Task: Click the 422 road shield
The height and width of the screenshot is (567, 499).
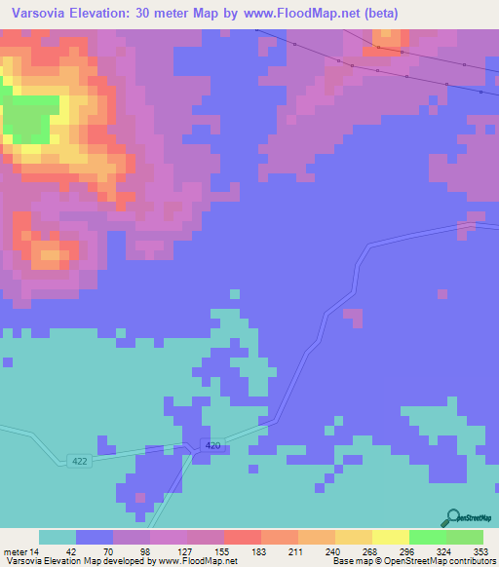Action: (82, 461)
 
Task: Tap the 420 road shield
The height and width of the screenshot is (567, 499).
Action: (213, 446)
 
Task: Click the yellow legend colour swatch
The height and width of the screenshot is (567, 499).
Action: (391, 537)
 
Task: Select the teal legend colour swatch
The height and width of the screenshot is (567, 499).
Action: (58, 537)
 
